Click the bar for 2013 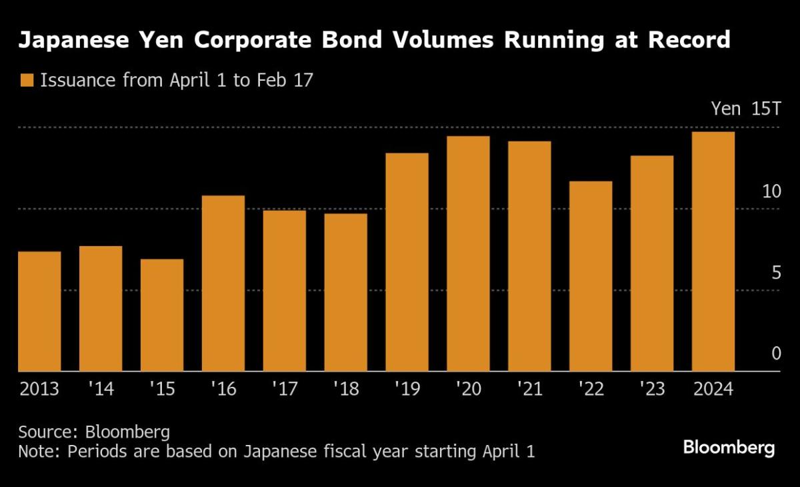(39, 311)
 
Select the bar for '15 (162, 315)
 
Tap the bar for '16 (223, 283)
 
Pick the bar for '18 (346, 292)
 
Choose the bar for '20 (469, 254)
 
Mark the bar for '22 (591, 276)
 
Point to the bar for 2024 (713, 252)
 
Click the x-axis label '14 (101, 389)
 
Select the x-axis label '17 (285, 389)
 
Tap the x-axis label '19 (407, 389)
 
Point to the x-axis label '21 (530, 389)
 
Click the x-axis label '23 (652, 389)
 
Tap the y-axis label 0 (775, 354)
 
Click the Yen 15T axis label (745, 109)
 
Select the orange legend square (27, 81)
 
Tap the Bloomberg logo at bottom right (729, 448)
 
